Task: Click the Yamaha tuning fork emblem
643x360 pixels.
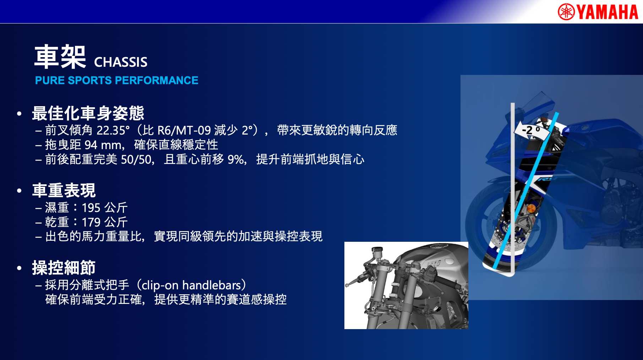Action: pyautogui.click(x=566, y=12)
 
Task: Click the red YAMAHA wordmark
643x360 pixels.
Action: pyautogui.click(x=607, y=12)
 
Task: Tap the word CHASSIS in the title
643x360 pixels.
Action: pyautogui.click(x=121, y=62)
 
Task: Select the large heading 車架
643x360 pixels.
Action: pyautogui.click(x=60, y=57)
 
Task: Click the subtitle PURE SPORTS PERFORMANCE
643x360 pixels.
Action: pyautogui.click(x=116, y=80)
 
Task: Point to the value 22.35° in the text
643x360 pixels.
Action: pyautogui.click(x=113, y=130)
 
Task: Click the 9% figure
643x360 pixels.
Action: pyautogui.click(x=236, y=159)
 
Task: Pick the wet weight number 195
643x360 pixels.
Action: pyautogui.click(x=91, y=208)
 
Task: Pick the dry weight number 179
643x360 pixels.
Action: pyautogui.click(x=91, y=222)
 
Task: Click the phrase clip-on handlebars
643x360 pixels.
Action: pyautogui.click(x=191, y=285)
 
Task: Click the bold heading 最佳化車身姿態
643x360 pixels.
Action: pyautogui.click(x=88, y=113)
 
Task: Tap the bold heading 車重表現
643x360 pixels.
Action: pyautogui.click(x=64, y=190)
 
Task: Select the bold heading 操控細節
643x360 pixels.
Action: pyautogui.click(x=64, y=267)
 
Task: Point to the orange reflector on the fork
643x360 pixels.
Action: pyautogui.click(x=531, y=209)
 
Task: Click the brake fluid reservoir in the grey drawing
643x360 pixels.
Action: pyautogui.click(x=377, y=251)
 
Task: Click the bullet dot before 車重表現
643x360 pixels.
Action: pyautogui.click(x=19, y=191)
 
